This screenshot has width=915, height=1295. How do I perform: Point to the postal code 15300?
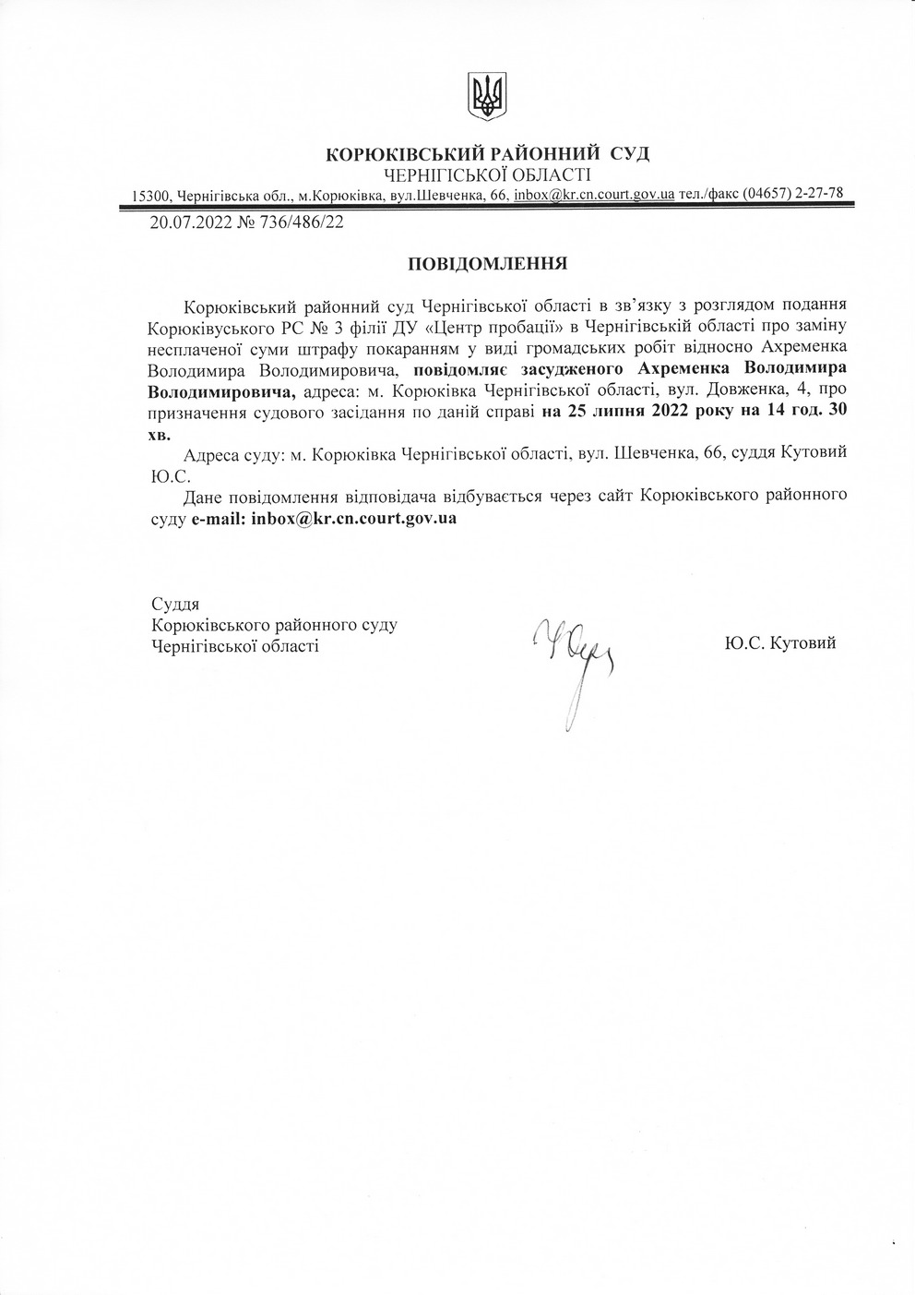coord(151,196)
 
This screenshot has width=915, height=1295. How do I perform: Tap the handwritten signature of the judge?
coord(572,656)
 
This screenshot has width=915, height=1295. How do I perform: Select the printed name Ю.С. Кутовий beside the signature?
coord(780,642)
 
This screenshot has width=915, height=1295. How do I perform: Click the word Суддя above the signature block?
coord(175,604)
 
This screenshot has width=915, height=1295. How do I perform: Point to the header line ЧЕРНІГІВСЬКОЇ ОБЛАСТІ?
coord(487,174)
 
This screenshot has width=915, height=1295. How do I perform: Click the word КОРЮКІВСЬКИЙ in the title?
coord(404,154)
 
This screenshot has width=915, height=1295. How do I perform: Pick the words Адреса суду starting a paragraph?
coord(234,454)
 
